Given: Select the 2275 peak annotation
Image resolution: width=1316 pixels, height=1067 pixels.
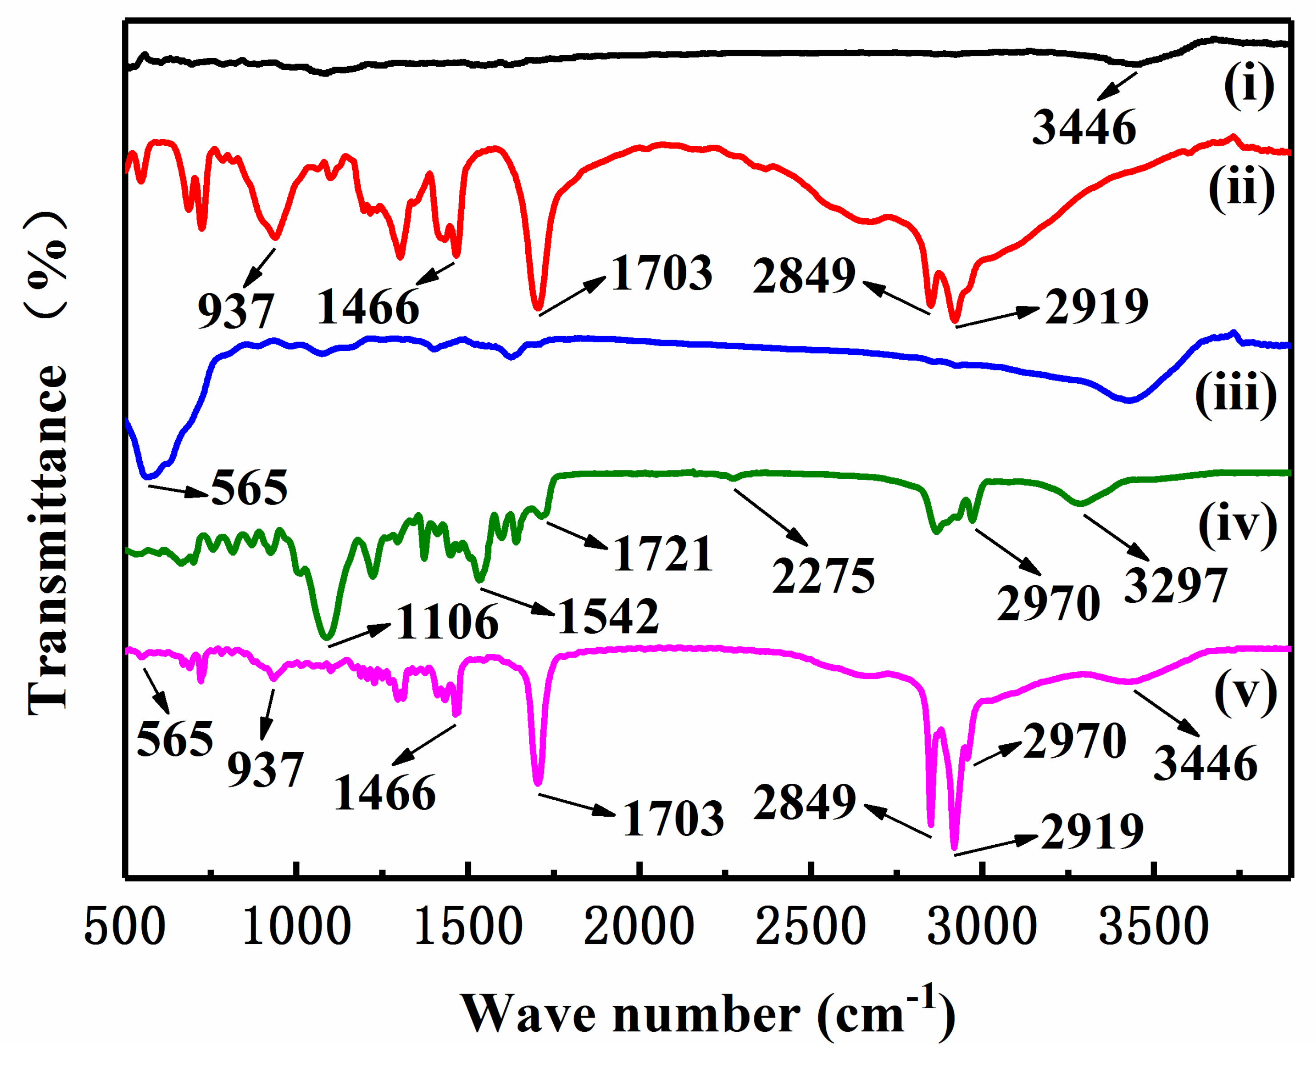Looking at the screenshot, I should [823, 577].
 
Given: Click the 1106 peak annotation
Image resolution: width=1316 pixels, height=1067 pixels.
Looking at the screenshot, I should [447, 622].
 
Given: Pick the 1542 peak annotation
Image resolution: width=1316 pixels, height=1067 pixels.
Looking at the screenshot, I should [608, 617].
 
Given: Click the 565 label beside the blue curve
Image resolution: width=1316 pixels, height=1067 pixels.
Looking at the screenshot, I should [249, 488].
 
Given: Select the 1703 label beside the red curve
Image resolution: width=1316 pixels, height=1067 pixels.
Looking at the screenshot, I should [662, 273].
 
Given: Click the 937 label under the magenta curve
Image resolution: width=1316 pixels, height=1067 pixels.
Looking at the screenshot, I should [265, 770].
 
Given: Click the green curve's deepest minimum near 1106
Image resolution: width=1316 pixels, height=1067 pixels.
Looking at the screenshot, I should [327, 637].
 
